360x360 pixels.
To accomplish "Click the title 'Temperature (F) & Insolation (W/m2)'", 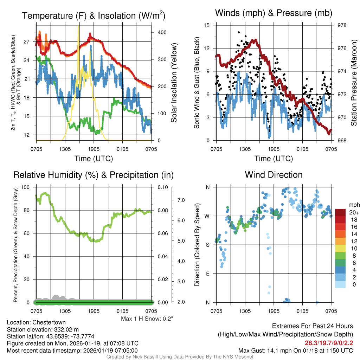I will click(x=94, y=15).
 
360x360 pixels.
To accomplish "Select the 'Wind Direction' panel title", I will click(x=274, y=175).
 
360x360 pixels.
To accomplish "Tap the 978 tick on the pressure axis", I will click(x=341, y=25).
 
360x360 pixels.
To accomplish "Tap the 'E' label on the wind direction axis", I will click(x=207, y=274).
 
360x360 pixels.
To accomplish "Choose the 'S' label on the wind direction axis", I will click(x=207, y=245).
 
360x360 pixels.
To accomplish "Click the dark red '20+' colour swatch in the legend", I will click(x=340, y=212).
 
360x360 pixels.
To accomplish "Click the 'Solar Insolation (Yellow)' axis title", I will click(x=174, y=83).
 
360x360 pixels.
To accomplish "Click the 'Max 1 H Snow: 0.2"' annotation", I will click(x=147, y=319).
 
